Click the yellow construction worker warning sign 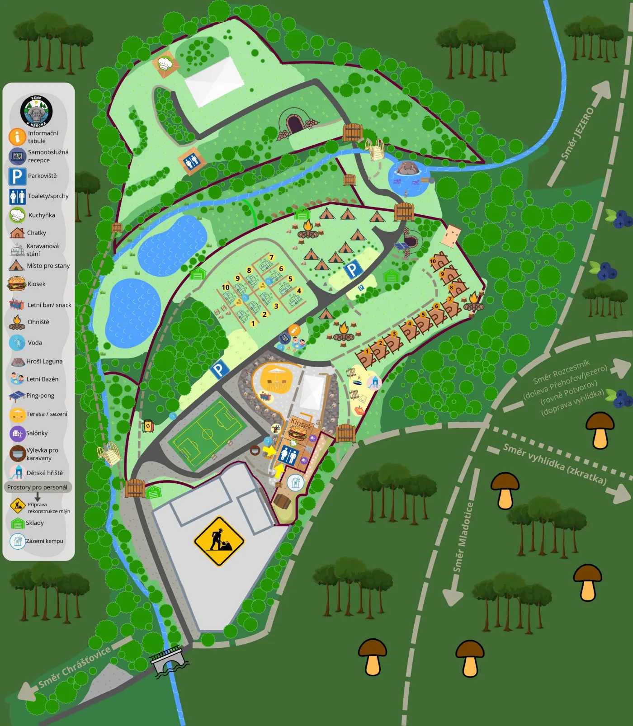point(219,541)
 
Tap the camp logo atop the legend point(36,111)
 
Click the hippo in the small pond point(408,168)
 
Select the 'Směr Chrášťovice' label point(74,667)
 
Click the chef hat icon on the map point(165,64)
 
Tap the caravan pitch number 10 point(226,287)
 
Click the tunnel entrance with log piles point(295,123)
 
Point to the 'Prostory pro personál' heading point(37,487)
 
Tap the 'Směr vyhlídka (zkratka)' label point(554,464)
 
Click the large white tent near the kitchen point(214,82)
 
